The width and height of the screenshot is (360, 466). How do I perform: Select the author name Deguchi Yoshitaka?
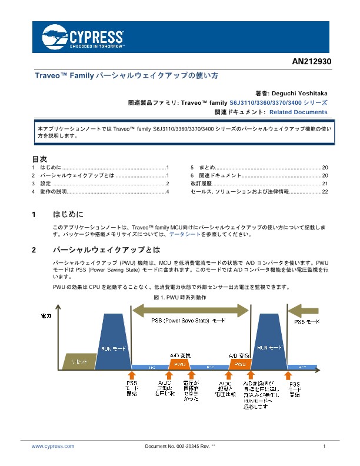(x=302, y=93)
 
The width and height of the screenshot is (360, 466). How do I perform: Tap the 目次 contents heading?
(x=39, y=159)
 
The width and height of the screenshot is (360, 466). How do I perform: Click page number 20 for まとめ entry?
(x=325, y=168)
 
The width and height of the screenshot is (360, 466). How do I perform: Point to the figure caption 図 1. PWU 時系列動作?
(x=180, y=298)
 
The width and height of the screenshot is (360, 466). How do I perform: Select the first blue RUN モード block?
(x=115, y=347)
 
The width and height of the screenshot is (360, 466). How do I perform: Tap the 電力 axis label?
(x=46, y=316)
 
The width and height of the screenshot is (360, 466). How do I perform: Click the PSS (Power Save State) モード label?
(x=188, y=321)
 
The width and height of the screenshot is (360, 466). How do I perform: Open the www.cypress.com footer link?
(x=53, y=447)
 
